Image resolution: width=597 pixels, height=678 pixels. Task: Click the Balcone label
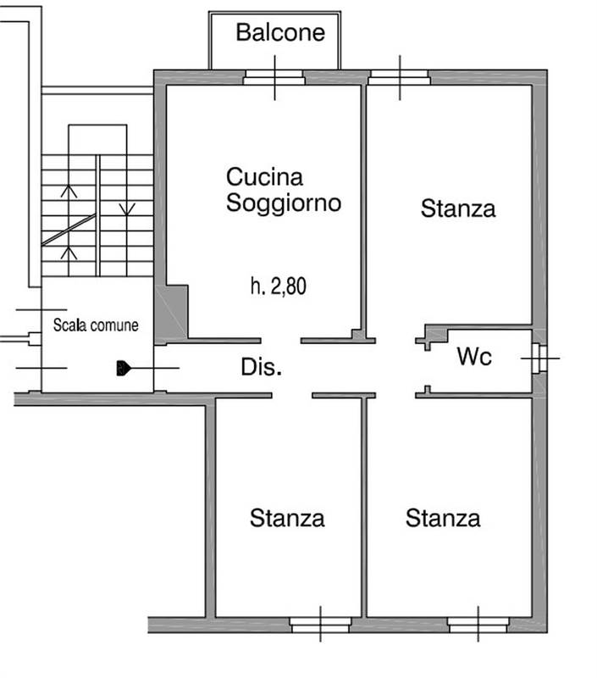point(280,33)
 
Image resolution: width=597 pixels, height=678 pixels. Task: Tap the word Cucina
point(264,178)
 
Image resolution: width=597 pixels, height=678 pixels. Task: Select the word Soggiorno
point(284,203)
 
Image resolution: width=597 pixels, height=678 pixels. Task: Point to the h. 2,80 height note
point(279,286)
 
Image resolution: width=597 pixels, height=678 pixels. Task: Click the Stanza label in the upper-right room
point(458,208)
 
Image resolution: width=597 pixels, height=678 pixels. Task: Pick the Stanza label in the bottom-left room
point(287,518)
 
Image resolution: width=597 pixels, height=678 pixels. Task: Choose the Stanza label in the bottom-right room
point(443,518)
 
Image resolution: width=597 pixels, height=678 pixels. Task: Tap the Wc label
point(474,358)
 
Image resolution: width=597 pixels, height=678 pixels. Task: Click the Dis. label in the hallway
point(262,368)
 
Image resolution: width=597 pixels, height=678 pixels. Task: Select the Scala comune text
point(96,325)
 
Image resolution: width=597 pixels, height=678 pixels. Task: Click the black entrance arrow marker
point(124,368)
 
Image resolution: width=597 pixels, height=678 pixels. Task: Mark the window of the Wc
point(539,358)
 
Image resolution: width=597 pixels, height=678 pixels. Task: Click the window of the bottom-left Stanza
point(320,625)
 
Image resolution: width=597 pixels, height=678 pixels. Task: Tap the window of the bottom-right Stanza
point(478,625)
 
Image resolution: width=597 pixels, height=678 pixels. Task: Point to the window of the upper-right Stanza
point(400,77)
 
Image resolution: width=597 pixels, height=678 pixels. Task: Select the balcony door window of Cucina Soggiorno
point(274,77)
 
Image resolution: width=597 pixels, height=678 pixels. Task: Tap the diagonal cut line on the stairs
point(69,230)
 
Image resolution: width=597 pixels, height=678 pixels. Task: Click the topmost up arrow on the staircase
point(69,192)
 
